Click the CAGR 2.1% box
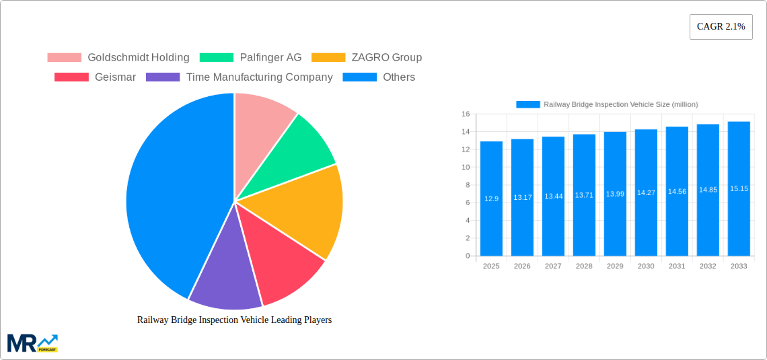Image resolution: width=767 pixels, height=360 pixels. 721,27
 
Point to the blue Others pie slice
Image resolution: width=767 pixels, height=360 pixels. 168,195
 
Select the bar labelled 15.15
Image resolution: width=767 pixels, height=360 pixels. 739,188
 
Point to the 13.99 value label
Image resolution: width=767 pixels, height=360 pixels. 615,194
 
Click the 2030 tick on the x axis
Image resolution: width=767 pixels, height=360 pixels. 646,266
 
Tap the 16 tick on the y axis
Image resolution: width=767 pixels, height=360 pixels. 466,114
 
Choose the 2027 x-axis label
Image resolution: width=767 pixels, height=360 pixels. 553,266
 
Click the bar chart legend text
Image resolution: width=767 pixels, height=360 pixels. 620,104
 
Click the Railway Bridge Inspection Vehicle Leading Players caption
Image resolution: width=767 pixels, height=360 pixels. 234,320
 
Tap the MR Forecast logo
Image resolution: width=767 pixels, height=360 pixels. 32,343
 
